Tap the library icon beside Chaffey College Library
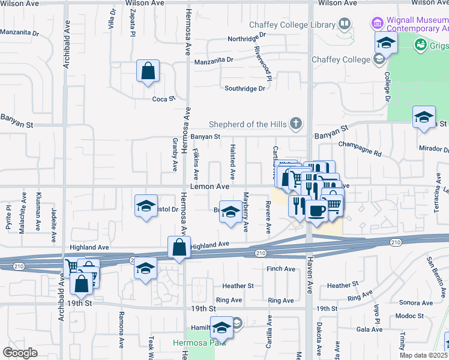coord(344,25)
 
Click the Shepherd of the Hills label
coord(247,124)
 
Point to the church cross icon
coord(294,124)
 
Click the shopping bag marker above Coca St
coord(148,72)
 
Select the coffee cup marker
coord(317,211)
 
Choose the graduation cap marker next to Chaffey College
coord(386,43)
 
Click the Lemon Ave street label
coord(211,187)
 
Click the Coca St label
coord(163,99)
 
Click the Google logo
coord(20,352)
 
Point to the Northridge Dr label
coord(247,40)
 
